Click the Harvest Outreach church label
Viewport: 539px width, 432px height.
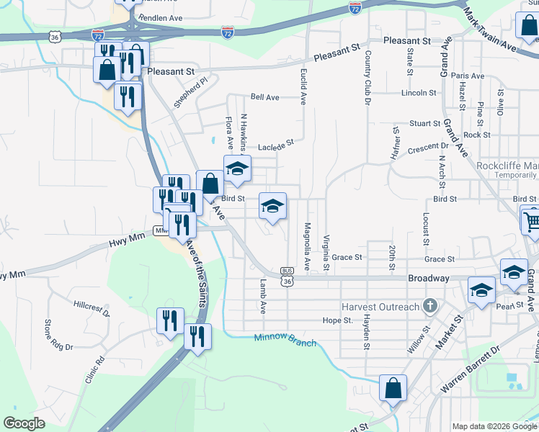(380, 307)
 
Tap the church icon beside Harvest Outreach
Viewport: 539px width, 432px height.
(430, 306)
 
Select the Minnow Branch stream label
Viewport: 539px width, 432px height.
(285, 340)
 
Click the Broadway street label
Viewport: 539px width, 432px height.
(429, 278)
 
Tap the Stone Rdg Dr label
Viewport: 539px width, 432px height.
(60, 336)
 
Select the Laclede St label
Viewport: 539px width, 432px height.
(277, 144)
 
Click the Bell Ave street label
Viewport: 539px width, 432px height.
(264, 97)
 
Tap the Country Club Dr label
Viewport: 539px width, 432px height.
(367, 75)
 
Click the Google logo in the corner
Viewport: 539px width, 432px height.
(24, 423)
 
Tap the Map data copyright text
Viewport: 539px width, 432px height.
(494, 426)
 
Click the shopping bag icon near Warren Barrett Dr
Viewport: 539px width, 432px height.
(393, 389)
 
